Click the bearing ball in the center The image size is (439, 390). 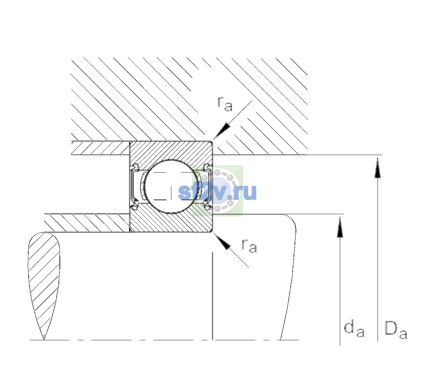click(x=171, y=187)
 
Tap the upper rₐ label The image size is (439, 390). click(x=225, y=104)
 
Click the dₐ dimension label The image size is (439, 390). click(x=354, y=329)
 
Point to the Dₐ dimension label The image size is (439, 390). click(x=396, y=330)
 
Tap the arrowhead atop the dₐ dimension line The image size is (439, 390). click(x=340, y=226)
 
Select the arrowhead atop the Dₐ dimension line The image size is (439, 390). click(x=378, y=168)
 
